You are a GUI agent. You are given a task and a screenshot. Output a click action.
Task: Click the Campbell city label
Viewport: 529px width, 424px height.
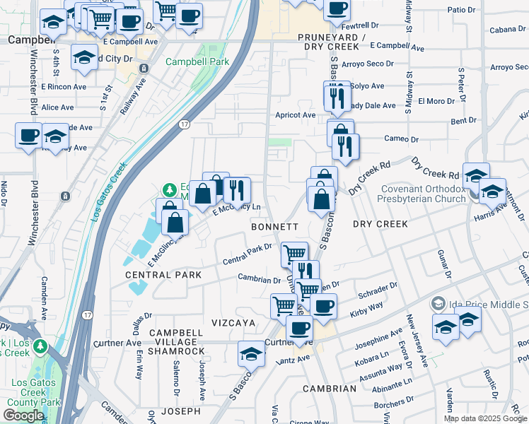click(26, 40)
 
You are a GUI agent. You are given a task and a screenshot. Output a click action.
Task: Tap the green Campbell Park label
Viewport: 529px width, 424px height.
click(197, 61)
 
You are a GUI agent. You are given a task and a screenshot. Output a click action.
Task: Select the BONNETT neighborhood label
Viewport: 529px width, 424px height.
click(274, 226)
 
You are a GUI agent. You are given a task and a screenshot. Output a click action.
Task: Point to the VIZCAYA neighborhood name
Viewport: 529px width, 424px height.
click(233, 322)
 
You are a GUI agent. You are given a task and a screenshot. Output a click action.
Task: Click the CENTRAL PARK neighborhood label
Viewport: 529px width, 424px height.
click(163, 274)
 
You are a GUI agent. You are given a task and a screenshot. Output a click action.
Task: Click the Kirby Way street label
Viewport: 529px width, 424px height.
click(366, 305)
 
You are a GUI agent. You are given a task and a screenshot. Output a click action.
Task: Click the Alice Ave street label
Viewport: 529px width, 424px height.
click(57, 107)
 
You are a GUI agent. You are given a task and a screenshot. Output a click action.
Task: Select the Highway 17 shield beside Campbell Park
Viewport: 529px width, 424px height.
click(184, 124)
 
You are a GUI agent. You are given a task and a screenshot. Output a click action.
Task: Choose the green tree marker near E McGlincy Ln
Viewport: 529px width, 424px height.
click(169, 190)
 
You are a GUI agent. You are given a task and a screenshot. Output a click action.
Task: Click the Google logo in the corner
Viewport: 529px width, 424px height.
click(23, 416)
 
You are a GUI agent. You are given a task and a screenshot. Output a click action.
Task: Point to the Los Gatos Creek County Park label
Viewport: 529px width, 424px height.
click(33, 392)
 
